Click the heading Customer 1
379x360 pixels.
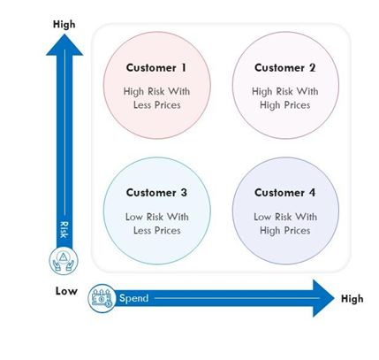point(156,68)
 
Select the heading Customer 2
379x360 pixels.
point(284,68)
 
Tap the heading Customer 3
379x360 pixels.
point(156,193)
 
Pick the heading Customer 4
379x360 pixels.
point(284,193)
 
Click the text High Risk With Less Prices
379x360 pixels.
point(156,98)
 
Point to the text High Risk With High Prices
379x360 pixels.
point(285,98)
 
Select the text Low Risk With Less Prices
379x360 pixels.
point(156,224)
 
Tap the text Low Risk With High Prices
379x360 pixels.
point(285,224)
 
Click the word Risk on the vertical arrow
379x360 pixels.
point(64,230)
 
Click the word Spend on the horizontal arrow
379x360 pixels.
point(134,298)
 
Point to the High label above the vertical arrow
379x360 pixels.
point(64,24)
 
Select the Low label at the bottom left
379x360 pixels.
point(66,291)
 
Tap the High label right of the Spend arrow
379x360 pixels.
point(352,299)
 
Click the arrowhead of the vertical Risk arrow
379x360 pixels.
point(64,45)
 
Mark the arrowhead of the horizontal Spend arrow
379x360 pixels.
point(323,298)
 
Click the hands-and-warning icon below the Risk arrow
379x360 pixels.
point(64,261)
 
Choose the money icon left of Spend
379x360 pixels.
point(102,298)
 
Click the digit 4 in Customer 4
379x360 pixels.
point(312,193)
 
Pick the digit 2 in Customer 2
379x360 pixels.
point(312,68)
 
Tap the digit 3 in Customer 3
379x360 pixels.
point(184,193)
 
